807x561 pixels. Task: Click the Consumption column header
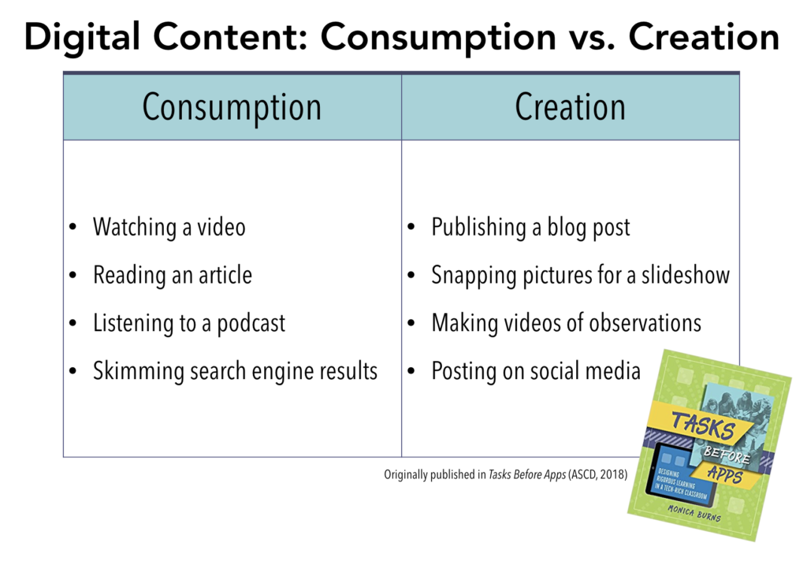pyautogui.click(x=232, y=107)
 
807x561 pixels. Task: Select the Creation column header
pyautogui.click(x=570, y=107)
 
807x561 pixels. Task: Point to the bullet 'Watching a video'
pyautogui.click(x=169, y=228)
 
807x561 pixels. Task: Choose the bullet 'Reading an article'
pyautogui.click(x=172, y=276)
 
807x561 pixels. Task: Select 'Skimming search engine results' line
pyautogui.click(x=235, y=371)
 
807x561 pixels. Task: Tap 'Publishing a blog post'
pyautogui.click(x=530, y=228)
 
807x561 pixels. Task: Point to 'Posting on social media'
pyautogui.click(x=536, y=371)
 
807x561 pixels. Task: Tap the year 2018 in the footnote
pyautogui.click(x=612, y=475)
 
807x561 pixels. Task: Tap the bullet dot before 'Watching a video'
pyautogui.click(x=73, y=228)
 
